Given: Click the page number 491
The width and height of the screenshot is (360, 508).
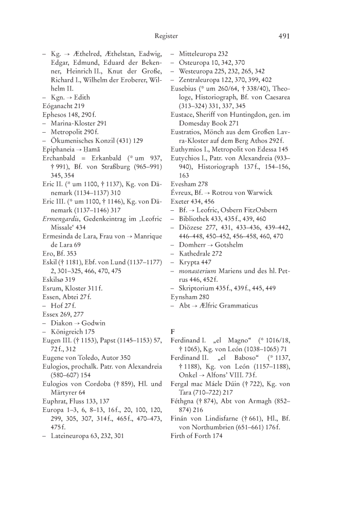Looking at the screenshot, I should pyautogui.click(x=284, y=36).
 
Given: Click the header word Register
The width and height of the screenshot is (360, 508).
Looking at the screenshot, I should pyautogui.click(x=166, y=36).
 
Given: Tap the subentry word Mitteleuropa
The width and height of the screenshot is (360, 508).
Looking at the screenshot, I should pyautogui.click(x=199, y=53).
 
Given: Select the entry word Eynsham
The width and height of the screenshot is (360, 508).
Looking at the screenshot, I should pyautogui.click(x=184, y=297).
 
